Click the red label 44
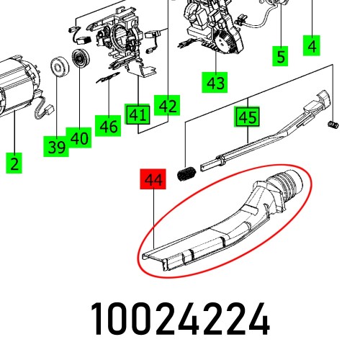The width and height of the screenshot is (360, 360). [x=152, y=179]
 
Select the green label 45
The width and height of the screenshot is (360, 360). [x=247, y=117]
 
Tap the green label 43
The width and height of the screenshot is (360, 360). [x=215, y=83]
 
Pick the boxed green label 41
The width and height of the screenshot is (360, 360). [x=138, y=114]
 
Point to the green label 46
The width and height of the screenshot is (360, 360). [x=109, y=127]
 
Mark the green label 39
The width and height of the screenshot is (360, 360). [x=56, y=147]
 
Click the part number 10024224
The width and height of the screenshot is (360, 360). [x=180, y=318]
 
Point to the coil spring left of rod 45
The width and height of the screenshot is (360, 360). [x=187, y=174]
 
